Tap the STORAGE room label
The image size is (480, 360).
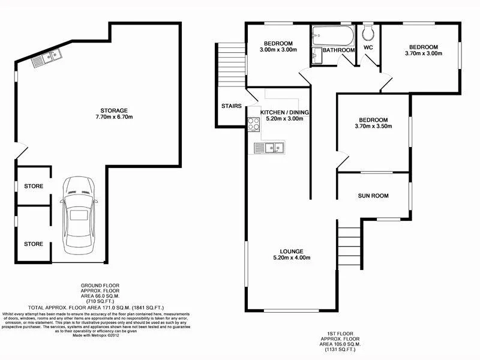point(113,110)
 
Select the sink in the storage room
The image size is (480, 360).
point(46,59)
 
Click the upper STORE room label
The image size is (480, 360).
point(34,186)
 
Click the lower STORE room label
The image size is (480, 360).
point(34,244)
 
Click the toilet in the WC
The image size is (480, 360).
point(368,32)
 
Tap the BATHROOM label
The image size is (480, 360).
point(339,50)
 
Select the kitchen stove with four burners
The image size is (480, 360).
point(253,124)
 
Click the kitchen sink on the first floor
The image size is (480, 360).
point(269,147)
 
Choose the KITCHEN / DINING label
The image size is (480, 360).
point(286,112)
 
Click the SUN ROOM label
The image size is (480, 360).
point(373,196)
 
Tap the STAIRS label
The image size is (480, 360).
point(231,106)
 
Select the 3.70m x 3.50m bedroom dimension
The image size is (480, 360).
point(373,127)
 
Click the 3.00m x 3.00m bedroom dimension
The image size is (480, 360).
point(278,50)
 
